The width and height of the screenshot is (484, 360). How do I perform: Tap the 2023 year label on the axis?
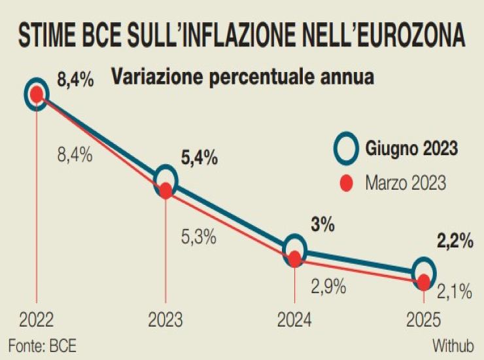coord(165,320)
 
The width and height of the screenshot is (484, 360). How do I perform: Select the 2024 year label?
coord(295,320)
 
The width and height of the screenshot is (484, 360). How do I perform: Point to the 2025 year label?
coord(424,320)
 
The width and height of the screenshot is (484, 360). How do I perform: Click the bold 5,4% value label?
coord(199,158)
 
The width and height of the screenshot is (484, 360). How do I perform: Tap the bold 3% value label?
coord(323,226)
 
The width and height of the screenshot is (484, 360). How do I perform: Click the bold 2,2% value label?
coord(455,242)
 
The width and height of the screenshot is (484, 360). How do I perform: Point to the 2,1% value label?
coord(455,293)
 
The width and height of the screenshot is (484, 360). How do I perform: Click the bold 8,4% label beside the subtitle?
coord(76,81)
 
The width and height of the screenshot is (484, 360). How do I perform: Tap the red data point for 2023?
coord(166,190)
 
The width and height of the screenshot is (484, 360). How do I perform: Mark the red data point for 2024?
coord(295,259)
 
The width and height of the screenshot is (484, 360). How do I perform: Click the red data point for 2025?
coord(424,281)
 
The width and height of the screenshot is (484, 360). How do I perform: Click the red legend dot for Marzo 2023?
coord(346,183)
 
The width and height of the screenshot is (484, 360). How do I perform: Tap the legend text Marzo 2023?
coord(406,183)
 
